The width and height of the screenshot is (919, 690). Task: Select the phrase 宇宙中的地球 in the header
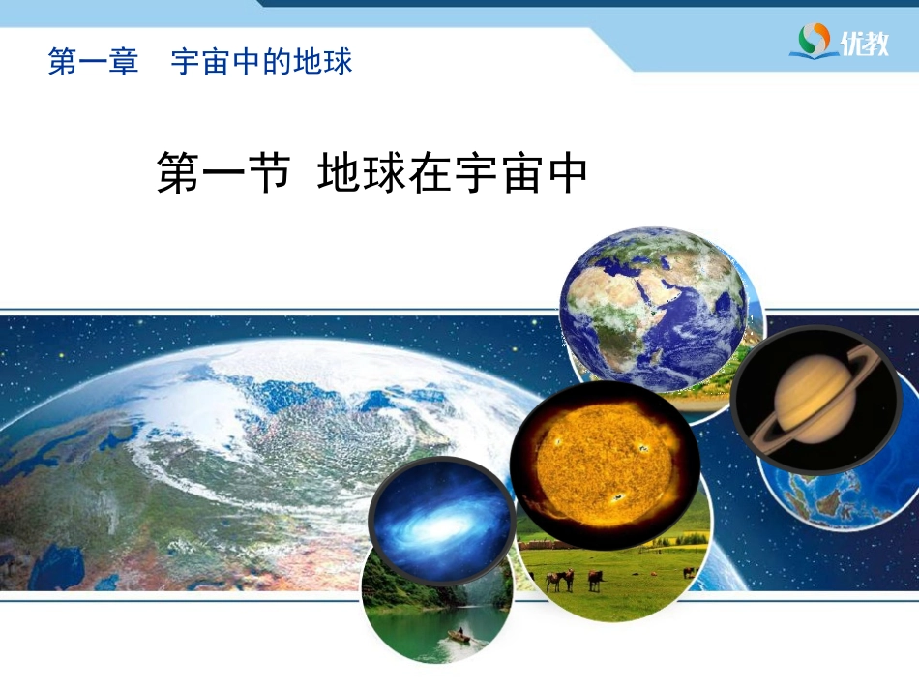(261, 63)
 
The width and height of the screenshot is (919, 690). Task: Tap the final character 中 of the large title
(566, 174)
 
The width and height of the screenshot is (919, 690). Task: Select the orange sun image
(605, 465)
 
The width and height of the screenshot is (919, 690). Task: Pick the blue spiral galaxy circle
(441, 523)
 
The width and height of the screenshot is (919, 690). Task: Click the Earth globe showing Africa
(653, 308)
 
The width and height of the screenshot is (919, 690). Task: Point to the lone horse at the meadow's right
(689, 572)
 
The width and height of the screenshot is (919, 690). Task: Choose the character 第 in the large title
(178, 174)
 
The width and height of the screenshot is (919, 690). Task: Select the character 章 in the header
(125, 63)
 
